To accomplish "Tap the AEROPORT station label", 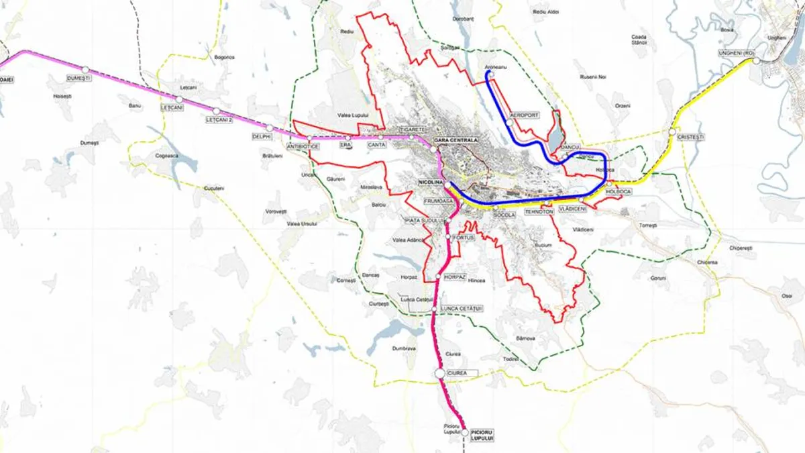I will pyautogui.click(x=525, y=115).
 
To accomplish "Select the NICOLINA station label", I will pyautogui.click(x=429, y=182).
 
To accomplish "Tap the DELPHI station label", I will pyautogui.click(x=261, y=136).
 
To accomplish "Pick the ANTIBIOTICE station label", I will pyautogui.click(x=302, y=146).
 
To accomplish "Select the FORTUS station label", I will pyautogui.click(x=464, y=238).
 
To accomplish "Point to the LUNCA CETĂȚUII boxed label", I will pyautogui.click(x=462, y=309).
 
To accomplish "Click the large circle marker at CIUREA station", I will pyautogui.click(x=440, y=372).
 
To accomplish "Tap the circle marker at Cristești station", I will pyautogui.click(x=672, y=132).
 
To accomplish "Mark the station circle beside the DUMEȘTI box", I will pyautogui.click(x=85, y=69).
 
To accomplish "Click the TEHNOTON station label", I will pyautogui.click(x=539, y=211).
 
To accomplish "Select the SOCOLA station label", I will pyautogui.click(x=504, y=215).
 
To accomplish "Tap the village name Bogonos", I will pyautogui.click(x=225, y=57).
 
